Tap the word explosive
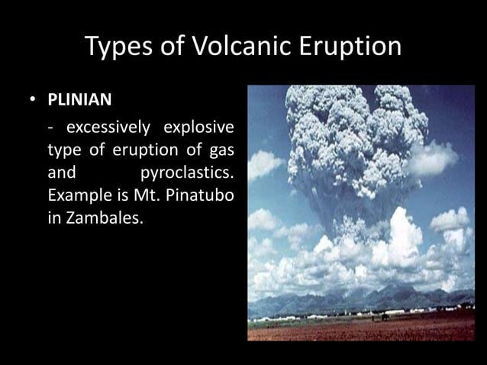(x=200, y=125)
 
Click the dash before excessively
(x=51, y=125)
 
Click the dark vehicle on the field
(x=386, y=315)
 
